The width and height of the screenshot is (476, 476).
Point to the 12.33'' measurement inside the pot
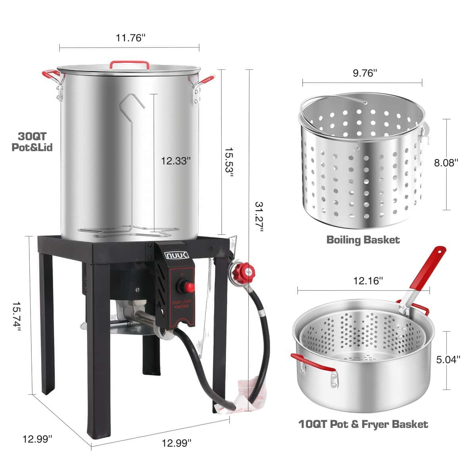(x=176, y=161)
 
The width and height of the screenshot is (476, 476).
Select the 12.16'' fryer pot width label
(x=368, y=281)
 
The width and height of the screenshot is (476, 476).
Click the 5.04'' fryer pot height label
(x=448, y=359)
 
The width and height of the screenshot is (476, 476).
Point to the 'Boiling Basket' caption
(x=363, y=240)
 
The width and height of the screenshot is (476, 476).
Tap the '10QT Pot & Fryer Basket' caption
(x=363, y=424)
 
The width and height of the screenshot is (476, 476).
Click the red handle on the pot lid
(x=129, y=63)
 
